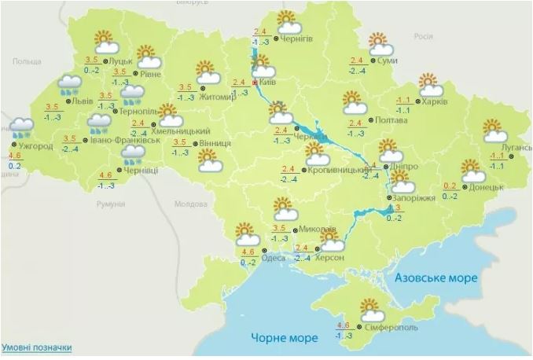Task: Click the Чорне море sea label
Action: [x=284, y=338]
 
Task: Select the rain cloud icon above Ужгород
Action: [x=21, y=127]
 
